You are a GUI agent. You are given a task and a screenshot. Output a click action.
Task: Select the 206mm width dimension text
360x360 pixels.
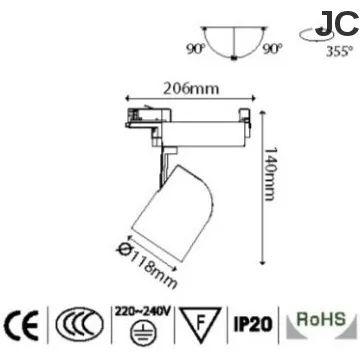(x=191, y=87)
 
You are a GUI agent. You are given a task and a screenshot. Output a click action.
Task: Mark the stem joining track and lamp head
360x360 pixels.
(x=167, y=151)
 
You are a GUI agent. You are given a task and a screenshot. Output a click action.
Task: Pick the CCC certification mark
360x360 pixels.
(x=77, y=325)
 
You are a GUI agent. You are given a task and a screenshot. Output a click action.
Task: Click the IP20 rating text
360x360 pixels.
(x=251, y=325)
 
